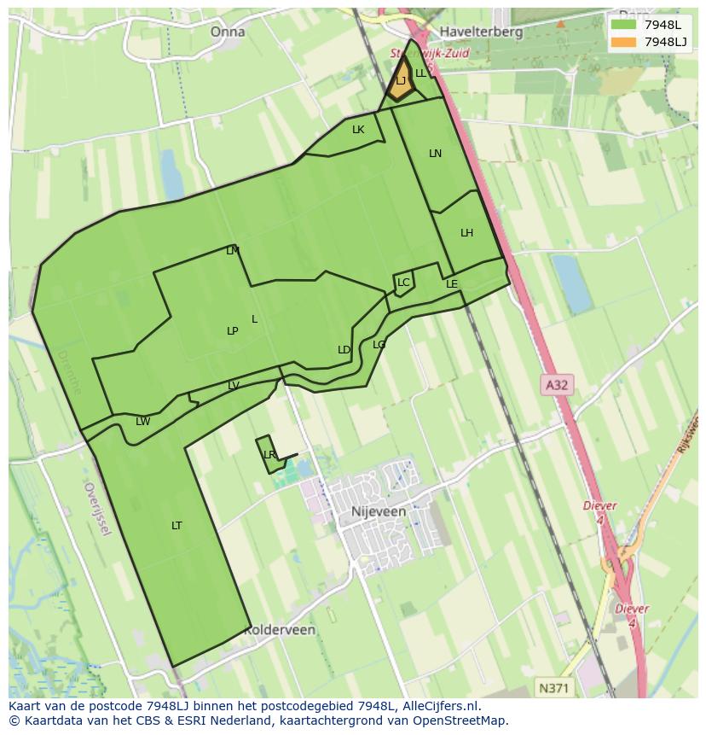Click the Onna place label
228,32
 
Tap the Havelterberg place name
481,32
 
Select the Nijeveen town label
379,511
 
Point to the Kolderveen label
281,630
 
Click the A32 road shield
556,385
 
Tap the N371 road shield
555,687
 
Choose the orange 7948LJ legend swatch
623,42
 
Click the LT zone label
176,526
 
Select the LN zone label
435,154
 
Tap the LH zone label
466,233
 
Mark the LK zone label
358,130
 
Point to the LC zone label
403,283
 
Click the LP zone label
232,331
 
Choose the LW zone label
142,422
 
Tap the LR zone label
269,455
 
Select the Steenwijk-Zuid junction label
430,53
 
